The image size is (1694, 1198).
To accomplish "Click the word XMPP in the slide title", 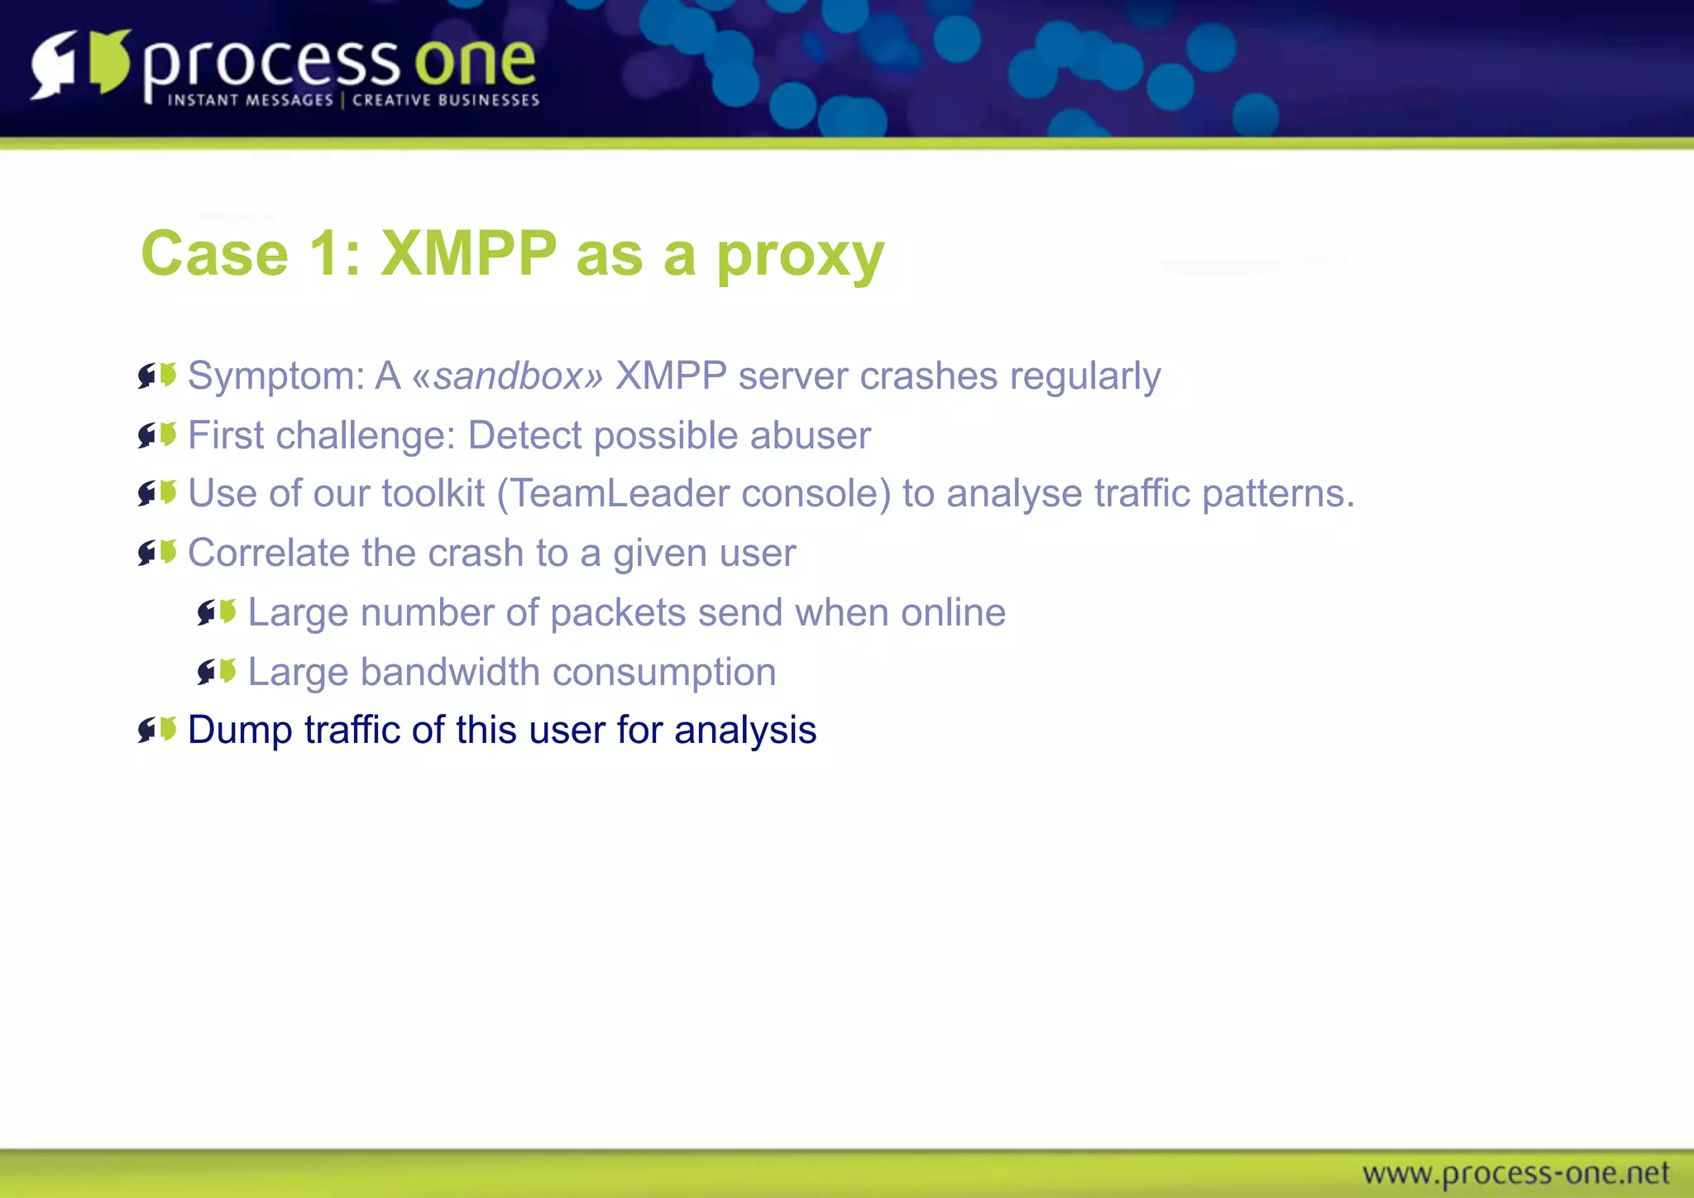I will [469, 254].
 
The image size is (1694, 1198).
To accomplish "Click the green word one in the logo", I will [475, 63].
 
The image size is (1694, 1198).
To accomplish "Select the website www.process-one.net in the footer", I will [1515, 1173].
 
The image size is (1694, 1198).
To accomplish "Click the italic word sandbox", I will [508, 376].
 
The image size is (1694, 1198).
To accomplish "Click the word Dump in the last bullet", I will [241, 731].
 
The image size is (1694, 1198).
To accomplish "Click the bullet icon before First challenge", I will [157, 434].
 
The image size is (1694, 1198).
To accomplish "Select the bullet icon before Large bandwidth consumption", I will [217, 671].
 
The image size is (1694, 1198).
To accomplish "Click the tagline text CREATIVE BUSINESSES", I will [446, 100].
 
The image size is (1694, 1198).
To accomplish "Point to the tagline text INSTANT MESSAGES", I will [250, 100].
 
